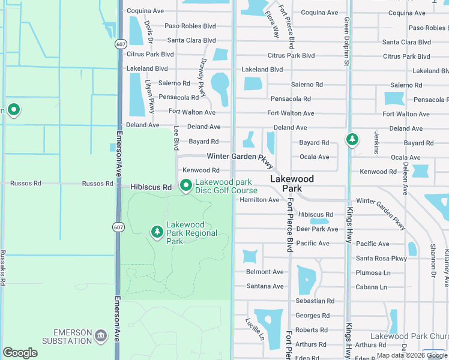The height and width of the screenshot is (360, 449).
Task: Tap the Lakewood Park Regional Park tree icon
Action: (157, 232)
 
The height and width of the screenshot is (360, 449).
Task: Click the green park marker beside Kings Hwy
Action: (352, 140)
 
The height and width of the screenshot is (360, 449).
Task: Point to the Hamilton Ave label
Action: (259, 200)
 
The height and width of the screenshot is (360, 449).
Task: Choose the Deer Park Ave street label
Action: (318, 229)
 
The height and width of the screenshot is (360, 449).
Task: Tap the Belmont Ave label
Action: (265, 272)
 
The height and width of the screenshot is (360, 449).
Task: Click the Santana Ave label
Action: (265, 286)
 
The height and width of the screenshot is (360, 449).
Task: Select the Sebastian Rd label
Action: (315, 301)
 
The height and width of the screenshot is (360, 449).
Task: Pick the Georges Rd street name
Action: (312, 316)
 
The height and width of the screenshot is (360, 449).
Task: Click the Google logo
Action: (20, 353)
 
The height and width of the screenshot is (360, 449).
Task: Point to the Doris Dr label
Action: (149, 31)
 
